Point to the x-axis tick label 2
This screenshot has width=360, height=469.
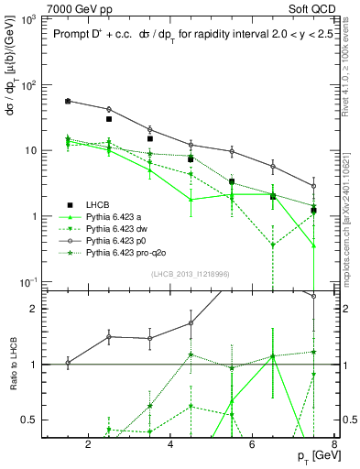pyautogui.click(x=88, y=445)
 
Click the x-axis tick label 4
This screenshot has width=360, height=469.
pyautogui.click(x=171, y=445)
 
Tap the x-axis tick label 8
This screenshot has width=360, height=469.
pyautogui.click(x=335, y=445)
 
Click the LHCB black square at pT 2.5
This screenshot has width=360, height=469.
pyautogui.click(x=109, y=119)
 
